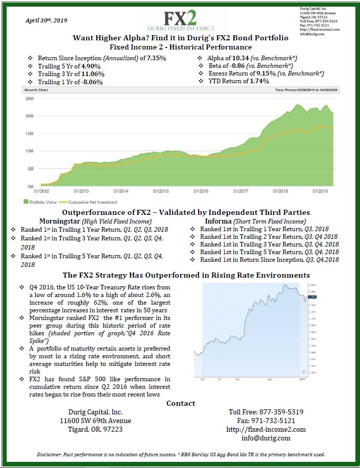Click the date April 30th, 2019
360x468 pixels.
[x=46, y=20]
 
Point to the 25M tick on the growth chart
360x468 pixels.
[x=29, y=98]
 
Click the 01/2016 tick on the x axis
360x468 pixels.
[x=201, y=191]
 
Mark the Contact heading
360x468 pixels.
[x=181, y=403]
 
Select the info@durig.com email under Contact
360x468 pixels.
[x=266, y=438]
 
